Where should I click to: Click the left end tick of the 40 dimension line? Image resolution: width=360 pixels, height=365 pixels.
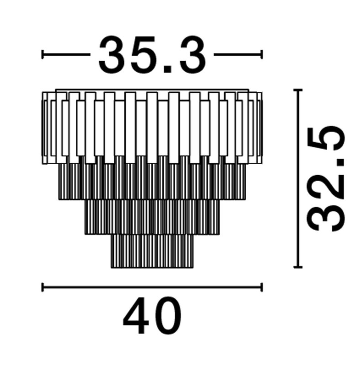(x=42, y=287)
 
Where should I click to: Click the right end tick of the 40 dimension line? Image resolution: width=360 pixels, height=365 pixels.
(x=262, y=287)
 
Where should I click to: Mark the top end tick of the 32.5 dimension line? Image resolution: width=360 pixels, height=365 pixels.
(x=298, y=90)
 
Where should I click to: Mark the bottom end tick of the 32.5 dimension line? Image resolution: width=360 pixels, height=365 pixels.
(x=298, y=267)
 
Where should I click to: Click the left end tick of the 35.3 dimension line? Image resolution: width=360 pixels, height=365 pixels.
(x=42, y=55)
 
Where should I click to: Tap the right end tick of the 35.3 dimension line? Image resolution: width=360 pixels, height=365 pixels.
(x=262, y=55)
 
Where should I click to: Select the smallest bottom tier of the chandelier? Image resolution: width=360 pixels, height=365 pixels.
(x=152, y=251)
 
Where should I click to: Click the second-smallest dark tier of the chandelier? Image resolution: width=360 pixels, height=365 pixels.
(x=152, y=217)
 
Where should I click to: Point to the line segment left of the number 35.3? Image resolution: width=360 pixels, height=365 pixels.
(x=66, y=55)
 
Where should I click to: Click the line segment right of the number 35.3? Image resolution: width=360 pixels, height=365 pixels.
(x=238, y=55)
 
